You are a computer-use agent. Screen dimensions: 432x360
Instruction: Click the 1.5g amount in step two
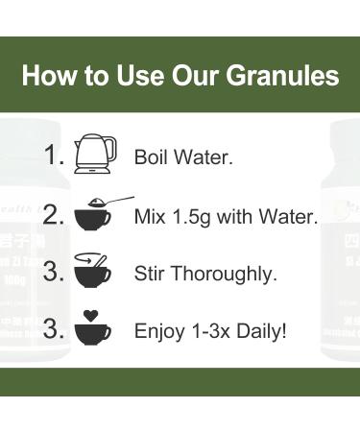[197, 217]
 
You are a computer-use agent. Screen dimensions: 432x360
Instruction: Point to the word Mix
[151, 217]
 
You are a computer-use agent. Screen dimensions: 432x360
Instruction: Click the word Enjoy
[157, 333]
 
